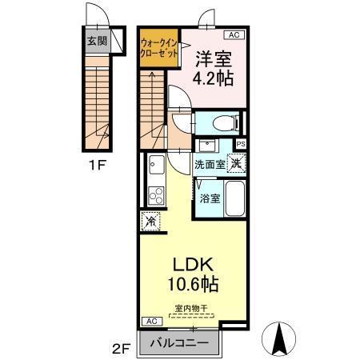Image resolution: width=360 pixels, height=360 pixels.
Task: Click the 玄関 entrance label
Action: (97, 40)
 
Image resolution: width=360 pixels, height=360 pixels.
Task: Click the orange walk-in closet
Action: (158, 47)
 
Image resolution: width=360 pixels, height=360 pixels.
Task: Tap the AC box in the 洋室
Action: (234, 35)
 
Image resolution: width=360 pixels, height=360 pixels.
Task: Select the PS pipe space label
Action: (241, 144)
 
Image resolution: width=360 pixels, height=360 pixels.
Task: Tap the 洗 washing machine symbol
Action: (236, 162)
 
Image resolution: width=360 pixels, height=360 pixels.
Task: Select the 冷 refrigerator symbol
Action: (149, 221)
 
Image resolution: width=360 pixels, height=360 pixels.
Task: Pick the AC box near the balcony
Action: (149, 321)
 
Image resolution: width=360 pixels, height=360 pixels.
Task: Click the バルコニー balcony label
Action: (181, 344)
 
